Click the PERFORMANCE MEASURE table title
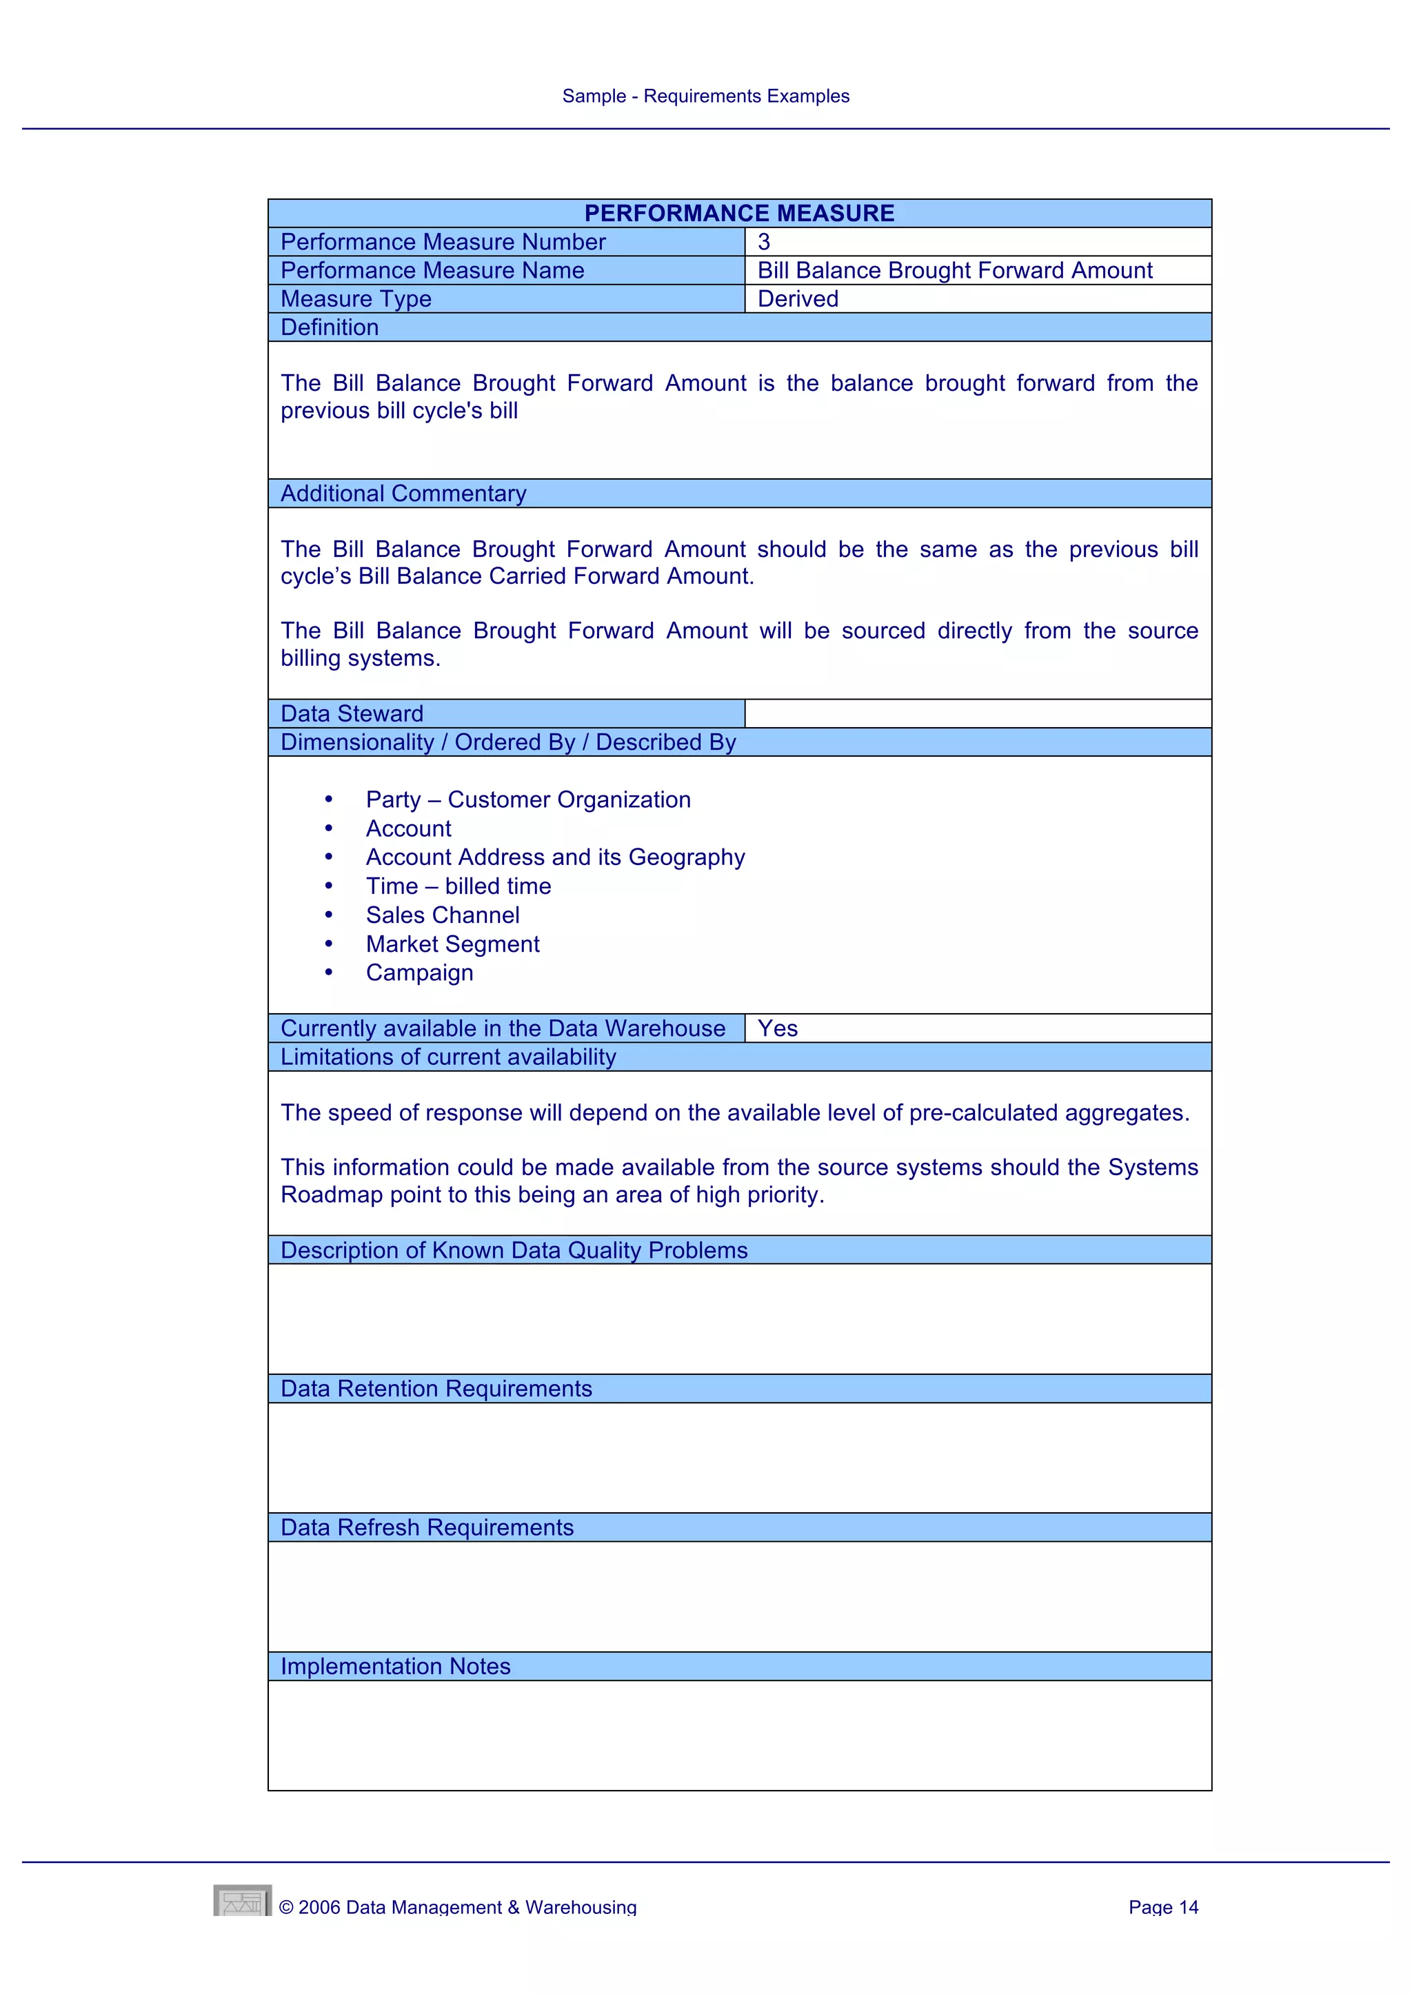pos(739,213)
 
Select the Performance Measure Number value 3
pos(764,242)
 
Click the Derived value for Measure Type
pos(797,299)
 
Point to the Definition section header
pos(330,328)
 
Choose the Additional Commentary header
pos(403,493)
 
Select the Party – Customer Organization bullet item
pos(527,800)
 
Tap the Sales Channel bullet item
pos(443,915)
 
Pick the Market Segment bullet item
pos(452,944)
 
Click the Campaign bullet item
pos(419,972)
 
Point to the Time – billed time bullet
pos(458,887)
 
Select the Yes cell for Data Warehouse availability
pos(777,1028)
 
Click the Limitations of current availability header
pos(447,1057)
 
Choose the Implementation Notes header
pos(395,1667)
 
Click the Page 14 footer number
pos(1162,1907)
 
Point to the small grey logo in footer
pos(242,1902)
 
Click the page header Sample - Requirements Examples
pos(705,96)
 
